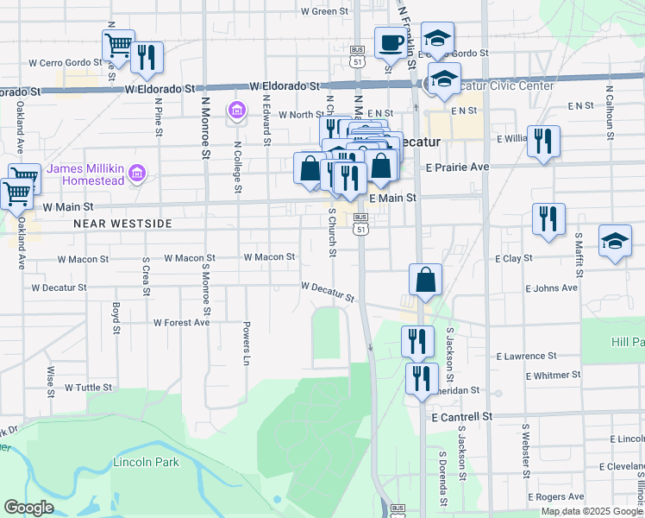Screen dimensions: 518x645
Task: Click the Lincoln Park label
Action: click(x=146, y=462)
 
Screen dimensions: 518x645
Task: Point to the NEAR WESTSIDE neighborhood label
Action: click(x=123, y=224)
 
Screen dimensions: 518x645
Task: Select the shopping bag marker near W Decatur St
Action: click(x=426, y=280)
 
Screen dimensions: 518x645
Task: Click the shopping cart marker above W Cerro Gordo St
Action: click(x=118, y=44)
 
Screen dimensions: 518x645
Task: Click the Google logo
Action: click(x=28, y=508)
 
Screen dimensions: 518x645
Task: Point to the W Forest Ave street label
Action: click(x=181, y=322)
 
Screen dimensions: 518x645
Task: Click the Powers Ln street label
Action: click(x=246, y=344)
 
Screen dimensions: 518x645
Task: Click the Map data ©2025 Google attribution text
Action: click(x=592, y=511)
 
